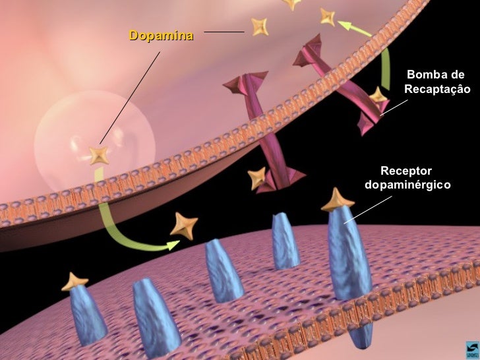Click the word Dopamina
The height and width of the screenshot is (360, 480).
161,35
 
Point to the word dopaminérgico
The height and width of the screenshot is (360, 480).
407,185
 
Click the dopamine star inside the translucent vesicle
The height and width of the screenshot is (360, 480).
100,156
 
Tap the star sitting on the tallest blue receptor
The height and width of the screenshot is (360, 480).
337,200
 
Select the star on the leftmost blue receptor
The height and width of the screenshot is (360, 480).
75,282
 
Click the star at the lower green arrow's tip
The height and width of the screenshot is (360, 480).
183,225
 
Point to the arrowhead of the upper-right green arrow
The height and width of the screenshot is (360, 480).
345,26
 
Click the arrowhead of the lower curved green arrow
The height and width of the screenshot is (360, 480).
173,245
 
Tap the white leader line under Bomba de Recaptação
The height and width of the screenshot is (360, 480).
394,107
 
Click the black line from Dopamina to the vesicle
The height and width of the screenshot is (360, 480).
129,99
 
